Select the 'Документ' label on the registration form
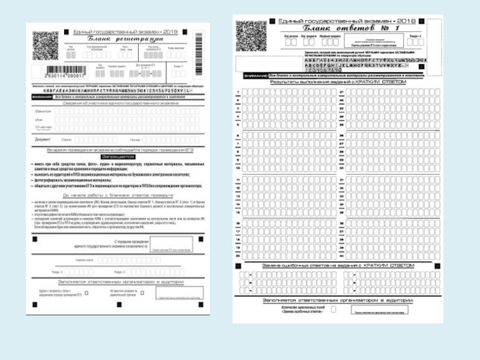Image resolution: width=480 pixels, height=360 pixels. [43, 139]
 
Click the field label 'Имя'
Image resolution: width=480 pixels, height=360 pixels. [40, 119]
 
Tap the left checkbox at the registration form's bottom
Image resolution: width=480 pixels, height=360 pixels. [86, 293]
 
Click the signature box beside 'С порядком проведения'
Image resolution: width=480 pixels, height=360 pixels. [171, 244]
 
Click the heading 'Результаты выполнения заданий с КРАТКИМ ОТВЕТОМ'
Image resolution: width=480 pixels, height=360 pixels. [338, 82]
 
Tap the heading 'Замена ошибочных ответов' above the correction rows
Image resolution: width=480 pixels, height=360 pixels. [338, 265]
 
